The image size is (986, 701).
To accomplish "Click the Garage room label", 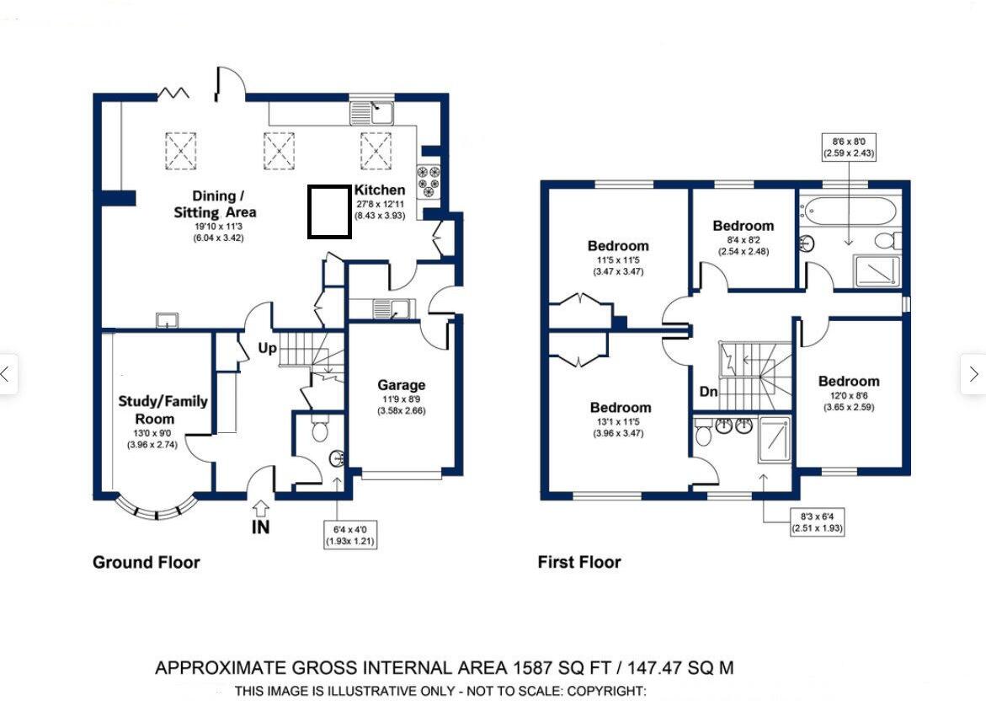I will pyautogui.click(x=401, y=385).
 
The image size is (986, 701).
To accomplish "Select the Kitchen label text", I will pyautogui.click(x=380, y=190).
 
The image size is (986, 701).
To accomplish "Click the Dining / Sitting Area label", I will pyautogui.click(x=214, y=204).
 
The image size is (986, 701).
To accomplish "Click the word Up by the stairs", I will pyautogui.click(x=267, y=347).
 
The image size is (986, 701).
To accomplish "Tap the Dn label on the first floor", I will pyautogui.click(x=708, y=392).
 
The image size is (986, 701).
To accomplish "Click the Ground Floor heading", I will pyautogui.click(x=146, y=562).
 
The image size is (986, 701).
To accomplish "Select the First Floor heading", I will pyautogui.click(x=579, y=562).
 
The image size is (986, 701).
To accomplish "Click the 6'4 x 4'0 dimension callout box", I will pyautogui.click(x=349, y=534).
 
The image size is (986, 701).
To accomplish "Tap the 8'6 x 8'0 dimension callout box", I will pyautogui.click(x=850, y=147).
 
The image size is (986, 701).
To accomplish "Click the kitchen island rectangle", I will pyautogui.click(x=329, y=211).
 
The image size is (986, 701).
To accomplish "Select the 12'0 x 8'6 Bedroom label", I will pyautogui.click(x=848, y=382).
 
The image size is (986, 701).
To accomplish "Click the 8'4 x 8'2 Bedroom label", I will pyautogui.click(x=743, y=226).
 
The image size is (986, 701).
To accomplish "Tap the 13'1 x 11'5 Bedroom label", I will pyautogui.click(x=620, y=408).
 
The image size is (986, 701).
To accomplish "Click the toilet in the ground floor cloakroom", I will pyautogui.click(x=319, y=430).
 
